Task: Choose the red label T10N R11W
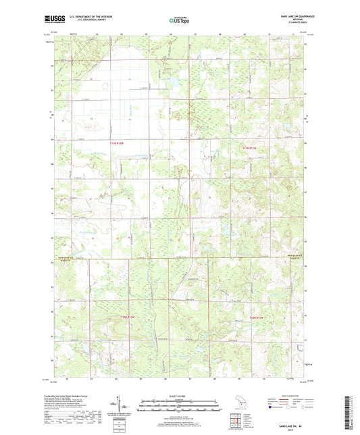pos(257,317)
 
